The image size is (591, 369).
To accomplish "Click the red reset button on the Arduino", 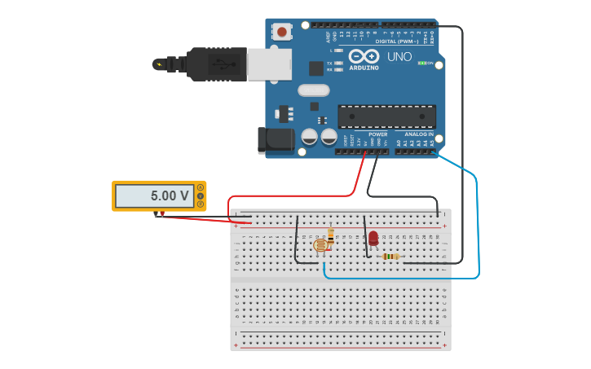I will [x=282, y=32].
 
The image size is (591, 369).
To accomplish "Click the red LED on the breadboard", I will [x=373, y=238].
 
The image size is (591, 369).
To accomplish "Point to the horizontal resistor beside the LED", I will [x=391, y=257].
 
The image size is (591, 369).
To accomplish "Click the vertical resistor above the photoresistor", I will [x=330, y=235].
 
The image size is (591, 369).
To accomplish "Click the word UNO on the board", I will [x=399, y=57].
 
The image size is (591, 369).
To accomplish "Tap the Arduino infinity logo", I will [x=364, y=56].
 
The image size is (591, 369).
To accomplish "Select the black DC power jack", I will [x=275, y=140].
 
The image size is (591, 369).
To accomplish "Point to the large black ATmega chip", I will [x=387, y=116].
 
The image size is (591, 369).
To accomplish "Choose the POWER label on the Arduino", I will [x=377, y=134].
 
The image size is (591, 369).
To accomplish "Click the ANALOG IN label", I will [x=419, y=134].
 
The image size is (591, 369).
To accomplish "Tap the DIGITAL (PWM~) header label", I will [x=397, y=42].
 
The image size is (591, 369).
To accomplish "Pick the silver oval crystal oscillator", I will [x=313, y=90].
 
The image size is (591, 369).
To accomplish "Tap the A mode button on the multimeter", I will [x=201, y=187].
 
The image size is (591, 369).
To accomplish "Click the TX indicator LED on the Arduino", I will [x=338, y=63].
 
